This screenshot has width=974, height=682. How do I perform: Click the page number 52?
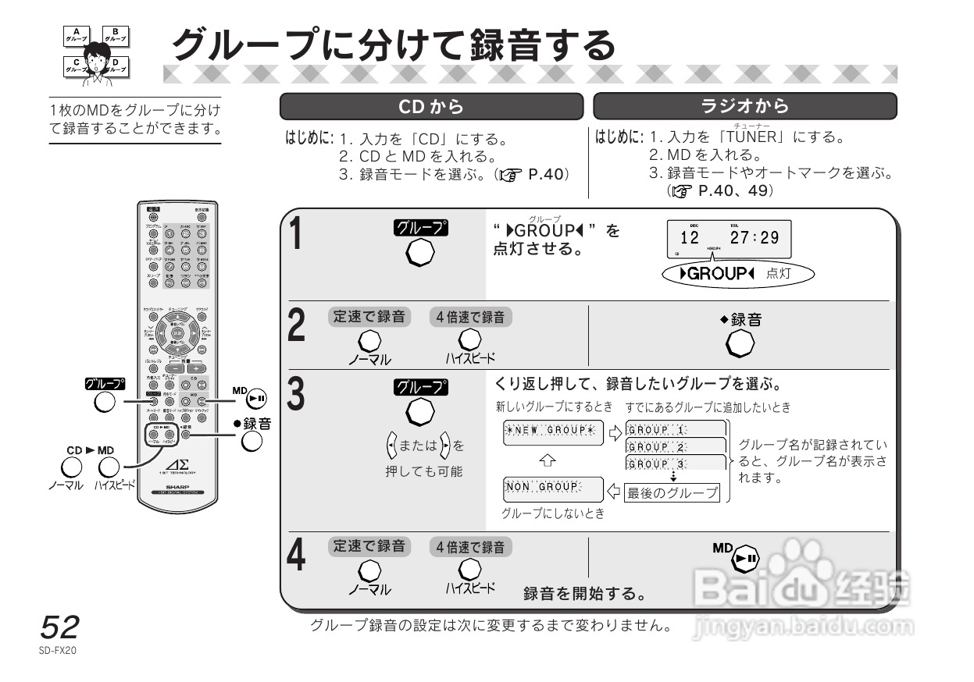pos(59,627)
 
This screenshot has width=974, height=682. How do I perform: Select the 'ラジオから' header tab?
pos(745,106)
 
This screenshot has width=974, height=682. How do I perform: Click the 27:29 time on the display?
pos(755,236)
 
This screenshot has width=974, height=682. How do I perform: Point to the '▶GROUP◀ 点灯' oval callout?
pos(736,274)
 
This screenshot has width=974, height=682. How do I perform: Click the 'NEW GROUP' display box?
pos(554,430)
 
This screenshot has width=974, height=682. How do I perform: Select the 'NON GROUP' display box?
pos(551,487)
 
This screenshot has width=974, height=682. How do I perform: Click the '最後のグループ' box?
pos(672,492)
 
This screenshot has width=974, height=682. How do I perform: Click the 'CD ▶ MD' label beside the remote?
pos(90,450)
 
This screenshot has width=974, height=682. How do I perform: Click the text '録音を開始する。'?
pos(583,595)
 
